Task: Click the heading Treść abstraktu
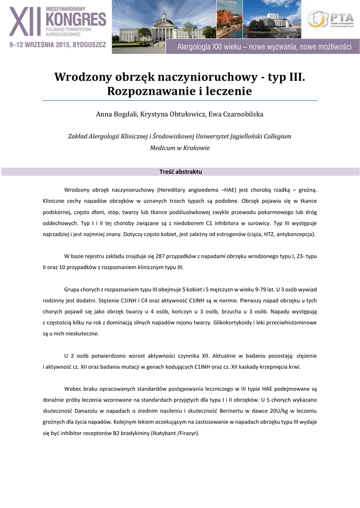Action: point(180,172)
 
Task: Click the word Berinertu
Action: point(222,411)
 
